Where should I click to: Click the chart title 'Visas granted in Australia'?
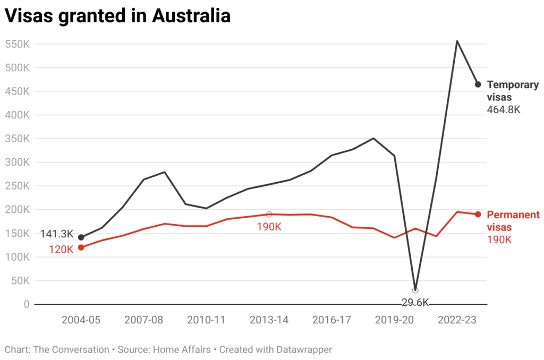click(117, 16)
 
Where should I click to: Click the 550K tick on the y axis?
click(17, 44)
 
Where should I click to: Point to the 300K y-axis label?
click(17, 162)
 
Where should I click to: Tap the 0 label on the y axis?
click(26, 304)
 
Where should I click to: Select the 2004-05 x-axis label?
click(81, 320)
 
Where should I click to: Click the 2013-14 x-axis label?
click(269, 320)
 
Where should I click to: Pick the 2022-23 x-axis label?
click(456, 320)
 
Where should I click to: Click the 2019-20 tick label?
click(394, 320)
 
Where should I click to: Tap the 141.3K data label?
click(57, 234)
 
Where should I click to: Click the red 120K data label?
click(61, 249)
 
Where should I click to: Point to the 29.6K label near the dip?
click(415, 303)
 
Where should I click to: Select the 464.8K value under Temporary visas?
click(503, 110)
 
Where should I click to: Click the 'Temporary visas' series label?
click(512, 91)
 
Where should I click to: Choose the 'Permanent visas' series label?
click(513, 221)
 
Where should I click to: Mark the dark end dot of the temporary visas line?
click(478, 84)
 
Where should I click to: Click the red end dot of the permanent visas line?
click(478, 215)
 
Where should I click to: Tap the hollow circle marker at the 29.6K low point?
click(415, 290)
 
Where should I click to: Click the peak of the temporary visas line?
click(457, 41)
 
